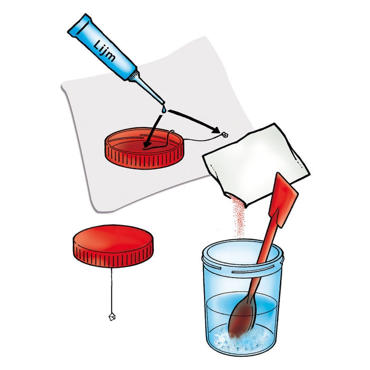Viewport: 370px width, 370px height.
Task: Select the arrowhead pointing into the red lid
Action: coord(148,144)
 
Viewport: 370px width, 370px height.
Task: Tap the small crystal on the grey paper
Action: coord(224,135)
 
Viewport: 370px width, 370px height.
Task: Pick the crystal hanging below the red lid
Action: coord(112,317)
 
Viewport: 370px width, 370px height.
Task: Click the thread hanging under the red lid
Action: coord(112,291)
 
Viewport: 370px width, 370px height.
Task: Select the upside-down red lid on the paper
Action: coord(144,148)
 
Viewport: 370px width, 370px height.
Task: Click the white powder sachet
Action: coord(256,163)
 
